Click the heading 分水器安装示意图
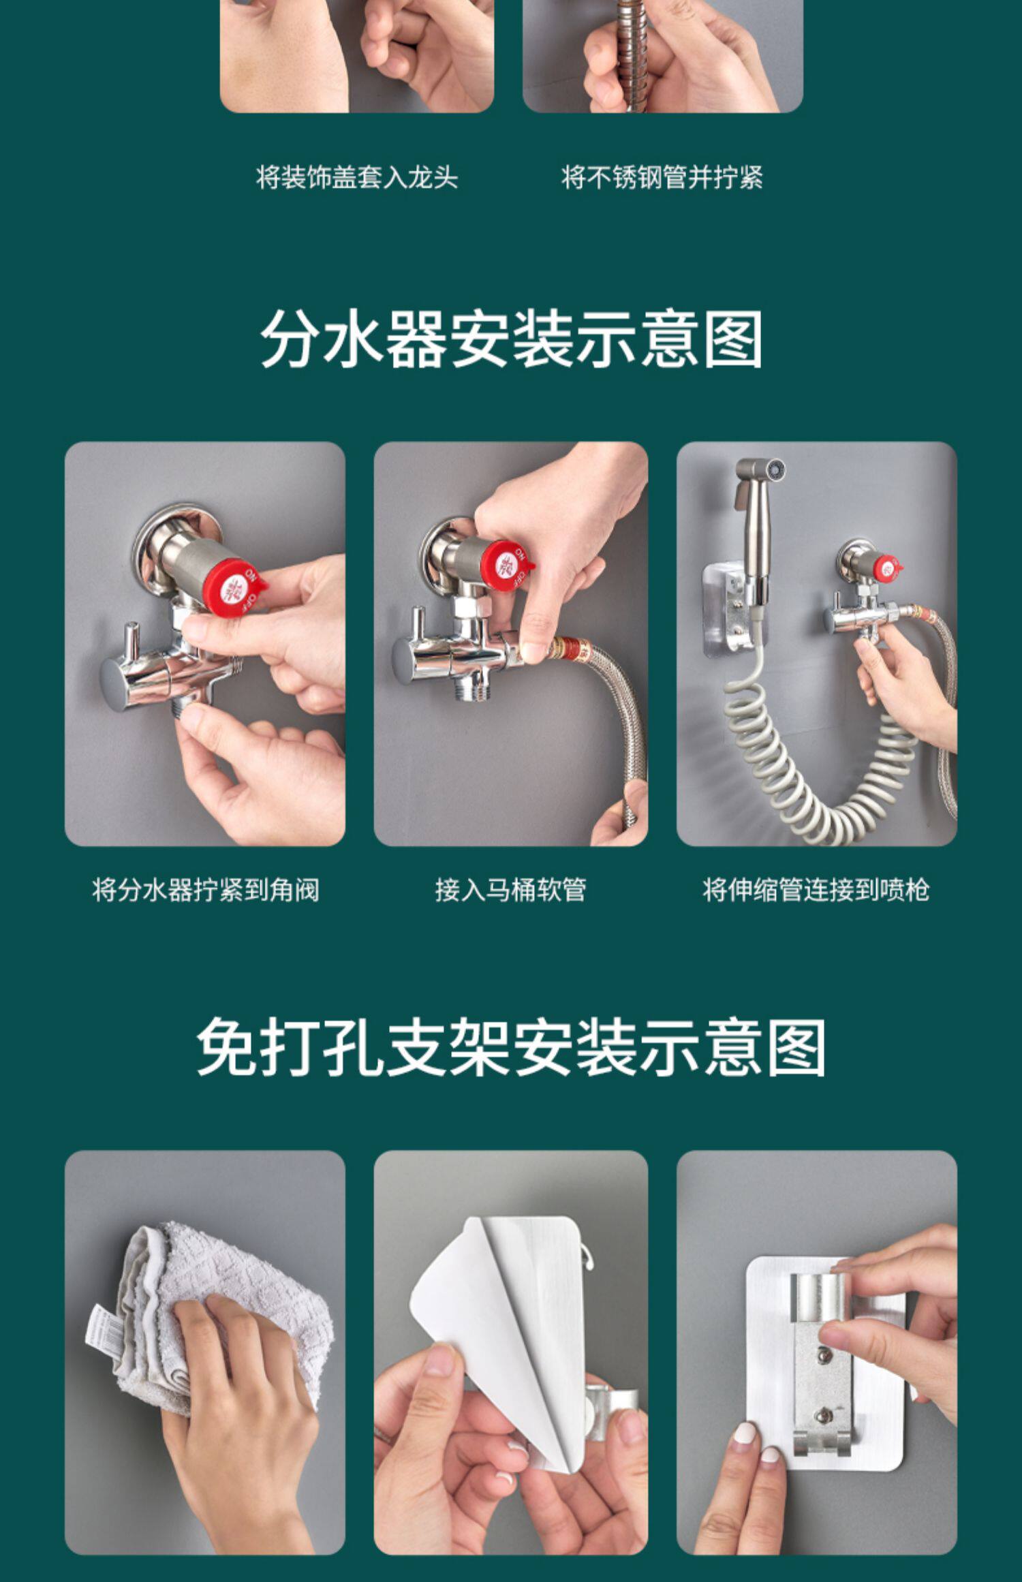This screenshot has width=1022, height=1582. point(511,339)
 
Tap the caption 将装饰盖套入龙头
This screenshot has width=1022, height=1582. point(357,177)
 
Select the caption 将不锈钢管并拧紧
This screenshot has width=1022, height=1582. point(662,177)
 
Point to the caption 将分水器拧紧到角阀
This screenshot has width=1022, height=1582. point(205,890)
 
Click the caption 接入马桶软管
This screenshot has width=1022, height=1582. point(510,890)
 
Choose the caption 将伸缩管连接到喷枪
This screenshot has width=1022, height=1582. point(816,890)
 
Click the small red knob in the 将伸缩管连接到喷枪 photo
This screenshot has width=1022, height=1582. point(887,568)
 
